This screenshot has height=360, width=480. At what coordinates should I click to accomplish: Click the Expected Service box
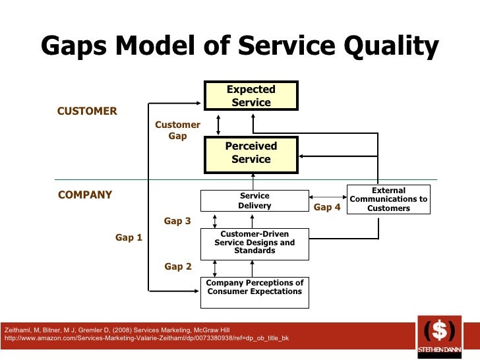coord(251,96)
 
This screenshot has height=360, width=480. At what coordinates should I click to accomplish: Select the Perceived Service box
coord(251,153)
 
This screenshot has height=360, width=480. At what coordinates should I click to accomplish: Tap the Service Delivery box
coord(255,200)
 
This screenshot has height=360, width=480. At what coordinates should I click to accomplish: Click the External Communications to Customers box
coord(388,199)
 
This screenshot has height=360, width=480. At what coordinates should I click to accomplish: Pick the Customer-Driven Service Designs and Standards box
coord(255,242)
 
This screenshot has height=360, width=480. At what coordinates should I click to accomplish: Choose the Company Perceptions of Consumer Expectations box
coord(255,287)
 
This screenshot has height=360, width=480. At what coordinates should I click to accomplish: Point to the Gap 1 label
coord(129,237)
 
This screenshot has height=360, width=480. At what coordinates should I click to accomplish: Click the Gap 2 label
coord(177,266)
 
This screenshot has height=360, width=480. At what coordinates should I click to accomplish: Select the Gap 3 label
coord(177,221)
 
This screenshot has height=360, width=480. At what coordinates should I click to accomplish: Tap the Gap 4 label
coord(327,207)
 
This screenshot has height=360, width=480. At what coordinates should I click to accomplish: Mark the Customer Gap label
coord(177,130)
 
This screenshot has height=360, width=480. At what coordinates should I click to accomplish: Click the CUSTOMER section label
coord(87,111)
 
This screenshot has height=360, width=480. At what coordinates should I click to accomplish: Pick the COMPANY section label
coord(85,195)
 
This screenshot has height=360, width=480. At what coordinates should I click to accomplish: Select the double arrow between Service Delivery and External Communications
coord(328,196)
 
